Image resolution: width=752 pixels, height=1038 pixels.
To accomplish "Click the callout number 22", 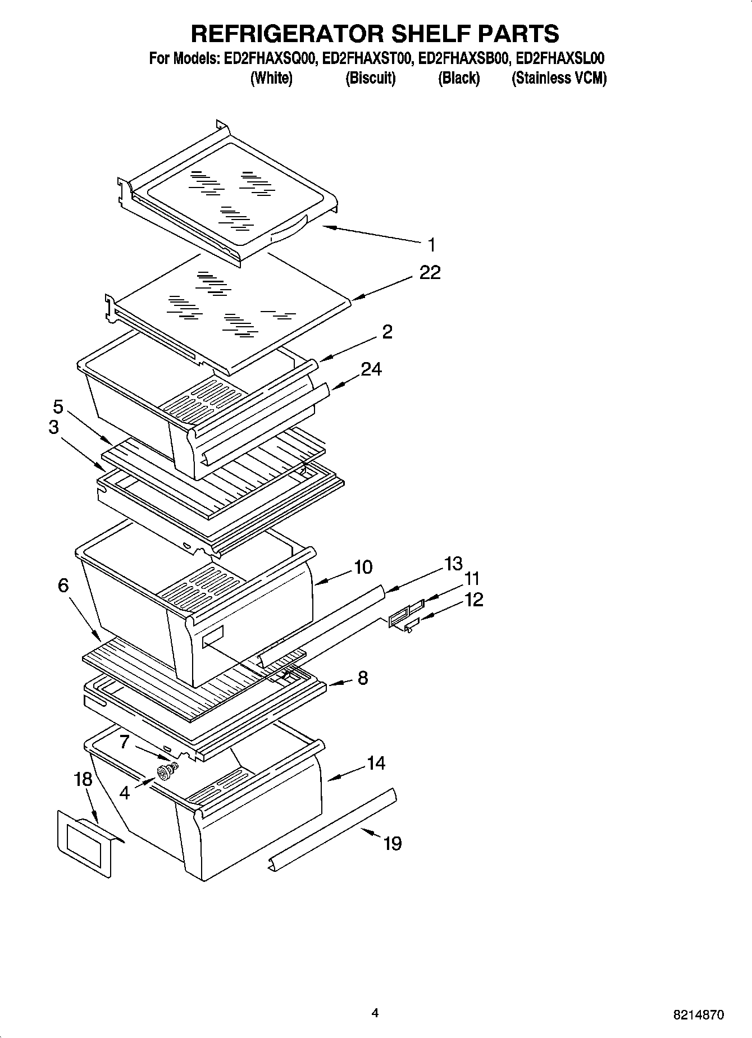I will click(x=430, y=273).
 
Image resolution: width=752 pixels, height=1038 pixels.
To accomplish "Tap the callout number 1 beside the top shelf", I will click(x=431, y=245).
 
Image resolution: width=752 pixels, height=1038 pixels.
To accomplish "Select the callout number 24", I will click(x=371, y=369).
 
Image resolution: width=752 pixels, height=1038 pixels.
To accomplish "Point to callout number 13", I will click(x=453, y=563).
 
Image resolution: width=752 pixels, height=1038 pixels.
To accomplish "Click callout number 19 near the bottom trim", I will click(x=392, y=843).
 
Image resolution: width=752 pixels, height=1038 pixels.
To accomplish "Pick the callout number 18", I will click(x=83, y=779).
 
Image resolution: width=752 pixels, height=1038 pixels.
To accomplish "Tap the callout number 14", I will click(x=376, y=763).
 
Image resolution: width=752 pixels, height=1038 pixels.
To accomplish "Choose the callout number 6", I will click(x=63, y=586).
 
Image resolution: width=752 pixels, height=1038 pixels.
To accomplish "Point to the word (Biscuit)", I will click(x=370, y=78).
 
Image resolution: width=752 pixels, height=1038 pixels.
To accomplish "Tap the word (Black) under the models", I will click(x=459, y=78).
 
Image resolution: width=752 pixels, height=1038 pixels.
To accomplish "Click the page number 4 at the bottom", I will click(x=375, y=1013).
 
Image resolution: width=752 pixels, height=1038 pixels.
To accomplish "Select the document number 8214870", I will click(x=699, y=1014).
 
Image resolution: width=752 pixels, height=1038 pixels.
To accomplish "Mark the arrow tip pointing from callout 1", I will click(x=325, y=226).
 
